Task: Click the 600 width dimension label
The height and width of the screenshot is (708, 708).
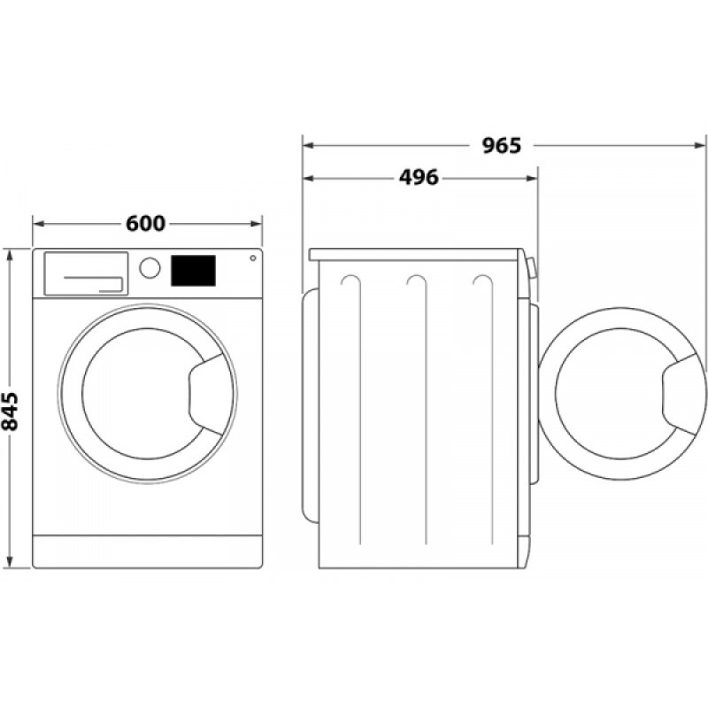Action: (x=145, y=224)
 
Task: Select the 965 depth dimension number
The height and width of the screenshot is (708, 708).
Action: (x=502, y=144)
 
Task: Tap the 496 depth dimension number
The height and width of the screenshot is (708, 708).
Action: (x=419, y=178)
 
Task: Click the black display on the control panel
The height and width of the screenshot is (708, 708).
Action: (x=193, y=271)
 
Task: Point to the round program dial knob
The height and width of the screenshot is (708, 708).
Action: (x=150, y=267)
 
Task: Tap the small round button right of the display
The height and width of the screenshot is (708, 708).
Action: (x=253, y=258)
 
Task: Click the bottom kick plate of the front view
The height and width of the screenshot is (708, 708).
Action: (x=148, y=550)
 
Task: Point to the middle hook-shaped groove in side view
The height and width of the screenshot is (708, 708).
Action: (x=419, y=283)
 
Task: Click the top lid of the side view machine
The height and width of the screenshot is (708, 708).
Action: (x=416, y=254)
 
